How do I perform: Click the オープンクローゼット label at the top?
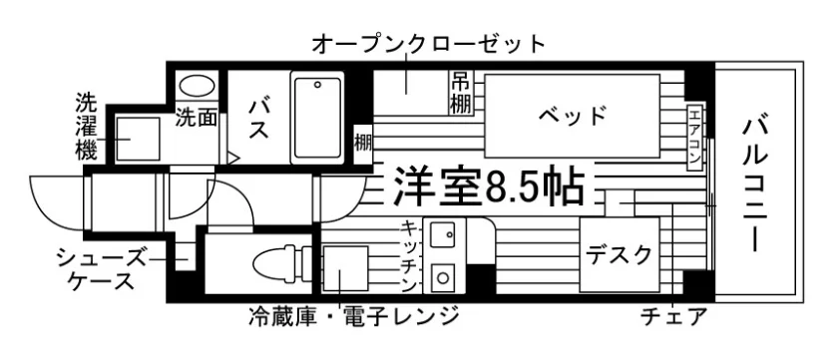[428, 44]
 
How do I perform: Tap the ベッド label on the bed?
[573, 116]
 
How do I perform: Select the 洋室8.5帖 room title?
[488, 186]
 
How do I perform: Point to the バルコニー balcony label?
[755, 185]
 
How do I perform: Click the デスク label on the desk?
[620, 254]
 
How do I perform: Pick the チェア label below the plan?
[674, 317]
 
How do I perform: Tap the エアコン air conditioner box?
[693, 138]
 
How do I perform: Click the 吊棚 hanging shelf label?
[461, 93]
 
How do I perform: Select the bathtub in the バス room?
[317, 118]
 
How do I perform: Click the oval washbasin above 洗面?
[197, 86]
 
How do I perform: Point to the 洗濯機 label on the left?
[86, 127]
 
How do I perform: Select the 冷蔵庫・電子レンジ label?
[354, 316]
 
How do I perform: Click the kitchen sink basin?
[443, 237]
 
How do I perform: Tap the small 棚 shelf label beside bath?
[363, 144]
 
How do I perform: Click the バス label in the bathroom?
[259, 119]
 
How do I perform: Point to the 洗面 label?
[197, 118]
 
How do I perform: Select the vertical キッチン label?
[409, 256]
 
